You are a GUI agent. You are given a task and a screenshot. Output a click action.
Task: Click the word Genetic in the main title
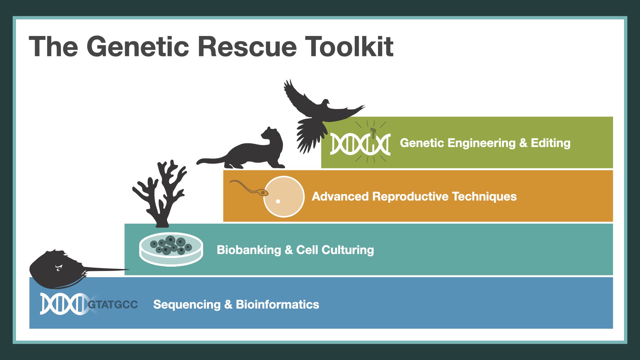138,47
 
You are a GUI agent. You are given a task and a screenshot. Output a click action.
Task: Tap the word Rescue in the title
247,47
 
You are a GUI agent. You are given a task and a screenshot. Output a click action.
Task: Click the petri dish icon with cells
171,249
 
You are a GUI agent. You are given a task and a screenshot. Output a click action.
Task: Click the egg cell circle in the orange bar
284,197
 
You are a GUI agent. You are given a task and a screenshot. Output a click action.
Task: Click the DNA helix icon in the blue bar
63,304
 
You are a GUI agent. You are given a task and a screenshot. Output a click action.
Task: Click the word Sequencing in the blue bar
187,304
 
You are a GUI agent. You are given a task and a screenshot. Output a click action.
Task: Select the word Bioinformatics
277,304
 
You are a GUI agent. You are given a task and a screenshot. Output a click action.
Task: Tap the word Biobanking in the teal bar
249,250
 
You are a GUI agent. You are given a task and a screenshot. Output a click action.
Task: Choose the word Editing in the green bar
550,143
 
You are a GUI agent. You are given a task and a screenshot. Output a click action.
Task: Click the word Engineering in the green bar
481,143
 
